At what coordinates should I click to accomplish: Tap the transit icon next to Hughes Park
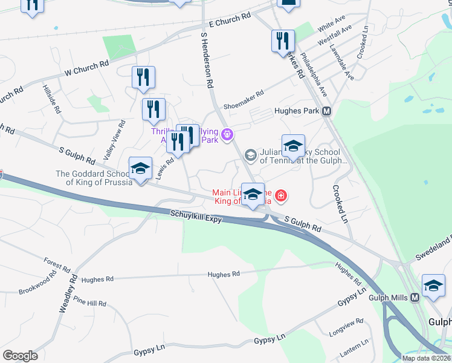327,111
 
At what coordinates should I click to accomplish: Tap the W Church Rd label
86,68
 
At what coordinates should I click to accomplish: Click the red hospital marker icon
280,195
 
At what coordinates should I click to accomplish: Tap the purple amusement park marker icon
227,134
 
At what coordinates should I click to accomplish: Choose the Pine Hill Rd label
89,301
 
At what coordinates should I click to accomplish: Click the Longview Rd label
346,327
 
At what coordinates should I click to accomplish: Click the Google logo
20,356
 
